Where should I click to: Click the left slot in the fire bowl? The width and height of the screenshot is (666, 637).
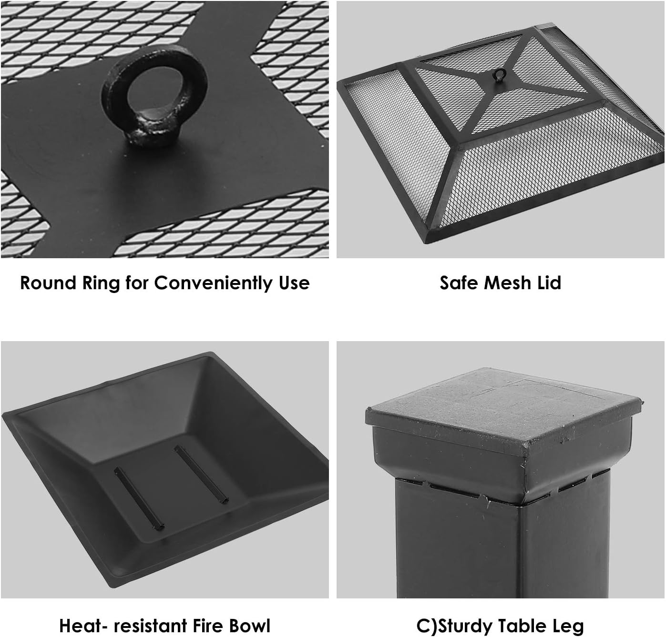pos(139,498)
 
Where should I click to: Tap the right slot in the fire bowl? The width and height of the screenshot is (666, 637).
pos(201,474)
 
